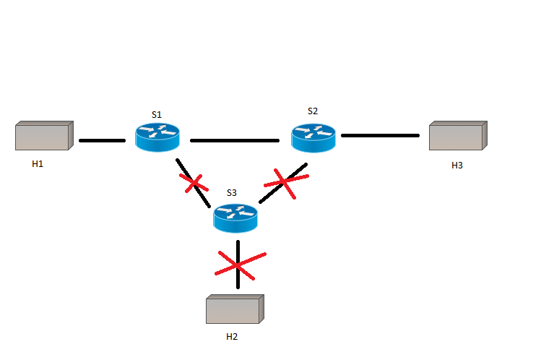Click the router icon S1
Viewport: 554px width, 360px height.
coord(157,137)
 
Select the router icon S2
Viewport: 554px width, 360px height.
coord(313,137)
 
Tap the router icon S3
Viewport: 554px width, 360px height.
coord(235,217)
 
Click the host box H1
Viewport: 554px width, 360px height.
coord(43,136)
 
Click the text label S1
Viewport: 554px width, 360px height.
coord(157,114)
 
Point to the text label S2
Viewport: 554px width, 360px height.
coord(312,111)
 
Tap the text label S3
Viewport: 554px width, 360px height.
coord(231,193)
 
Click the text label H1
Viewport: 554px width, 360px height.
coord(38,164)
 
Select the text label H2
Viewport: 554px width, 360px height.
coord(232,337)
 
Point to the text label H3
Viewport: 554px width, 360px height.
coord(456,166)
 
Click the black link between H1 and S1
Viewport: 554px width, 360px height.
coord(102,140)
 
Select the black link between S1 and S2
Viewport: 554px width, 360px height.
coord(234,140)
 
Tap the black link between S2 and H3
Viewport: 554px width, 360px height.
coord(380,135)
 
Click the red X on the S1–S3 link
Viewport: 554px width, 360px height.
coord(194,184)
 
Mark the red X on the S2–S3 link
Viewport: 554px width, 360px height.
coord(282,184)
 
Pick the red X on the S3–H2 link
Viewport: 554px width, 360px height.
coord(238,266)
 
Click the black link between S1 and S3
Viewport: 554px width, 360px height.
coord(204,197)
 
